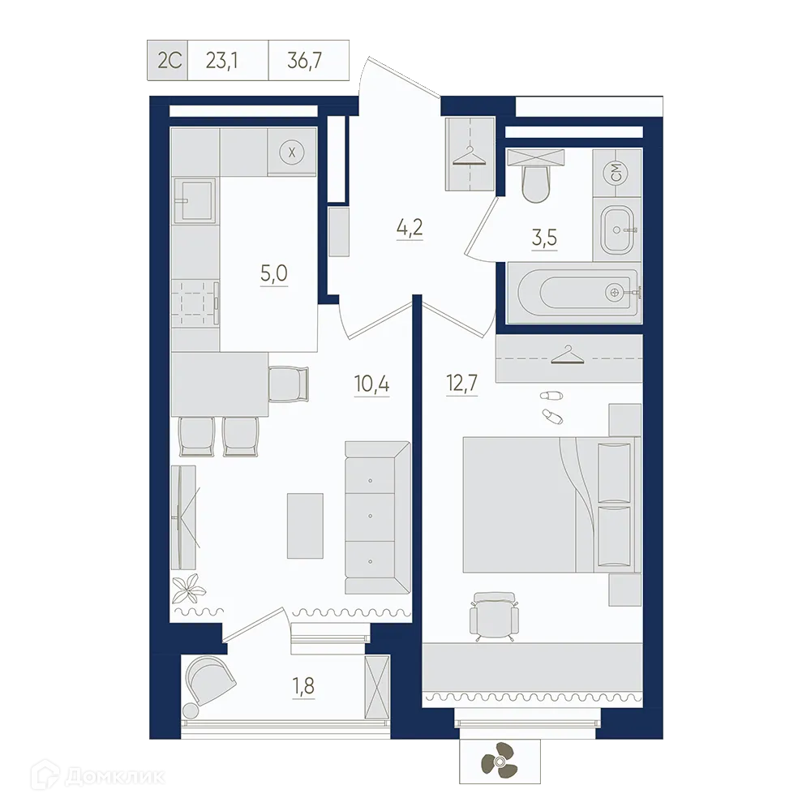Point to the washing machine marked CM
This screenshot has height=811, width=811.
[616, 172]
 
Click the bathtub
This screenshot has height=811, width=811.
[576, 292]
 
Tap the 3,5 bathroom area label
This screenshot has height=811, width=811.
[545, 238]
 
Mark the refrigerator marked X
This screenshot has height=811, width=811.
[293, 151]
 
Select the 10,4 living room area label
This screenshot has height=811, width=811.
[371, 384]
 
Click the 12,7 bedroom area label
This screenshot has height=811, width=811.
[461, 384]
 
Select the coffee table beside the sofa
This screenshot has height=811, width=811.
[305, 526]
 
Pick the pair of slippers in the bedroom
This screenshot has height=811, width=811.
[550, 405]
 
